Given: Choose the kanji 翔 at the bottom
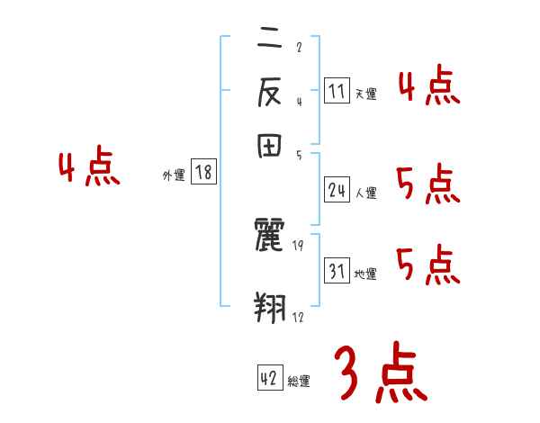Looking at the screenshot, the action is [270, 306].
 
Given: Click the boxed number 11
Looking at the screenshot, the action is [337, 90].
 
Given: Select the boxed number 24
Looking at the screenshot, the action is [337, 190].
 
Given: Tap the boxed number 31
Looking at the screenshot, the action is [337, 271].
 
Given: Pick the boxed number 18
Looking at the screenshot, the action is [203, 173].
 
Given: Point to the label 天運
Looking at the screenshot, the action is [365, 94].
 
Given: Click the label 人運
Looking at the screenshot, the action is [366, 193].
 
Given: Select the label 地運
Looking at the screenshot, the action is [365, 274].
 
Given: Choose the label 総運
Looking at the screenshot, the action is [299, 382].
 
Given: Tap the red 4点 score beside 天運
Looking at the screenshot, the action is [428, 86].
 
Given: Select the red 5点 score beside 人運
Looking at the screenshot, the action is [428, 185].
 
